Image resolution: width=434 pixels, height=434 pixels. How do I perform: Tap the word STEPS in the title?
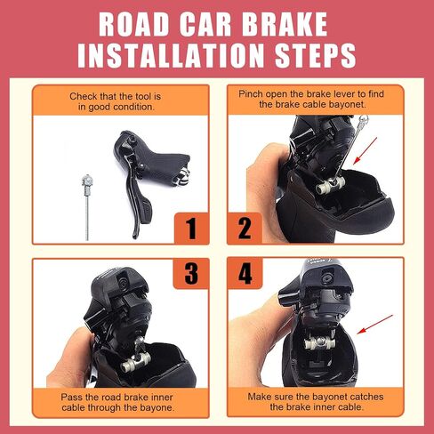point(316,55)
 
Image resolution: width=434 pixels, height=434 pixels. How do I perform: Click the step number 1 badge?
point(191,229)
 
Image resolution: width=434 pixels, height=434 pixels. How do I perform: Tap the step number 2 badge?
point(245,229)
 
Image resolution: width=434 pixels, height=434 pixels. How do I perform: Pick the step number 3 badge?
point(191,273)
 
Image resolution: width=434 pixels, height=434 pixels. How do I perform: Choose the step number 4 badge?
point(245,273)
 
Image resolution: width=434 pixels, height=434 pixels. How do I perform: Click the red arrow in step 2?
point(365,151)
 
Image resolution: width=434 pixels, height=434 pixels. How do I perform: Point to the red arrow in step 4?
point(374,325)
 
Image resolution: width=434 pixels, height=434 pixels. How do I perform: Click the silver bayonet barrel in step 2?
point(331,185)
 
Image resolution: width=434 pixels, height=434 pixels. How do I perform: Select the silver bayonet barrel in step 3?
point(135,362)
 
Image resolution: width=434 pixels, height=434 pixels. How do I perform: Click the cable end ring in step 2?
point(364,120)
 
